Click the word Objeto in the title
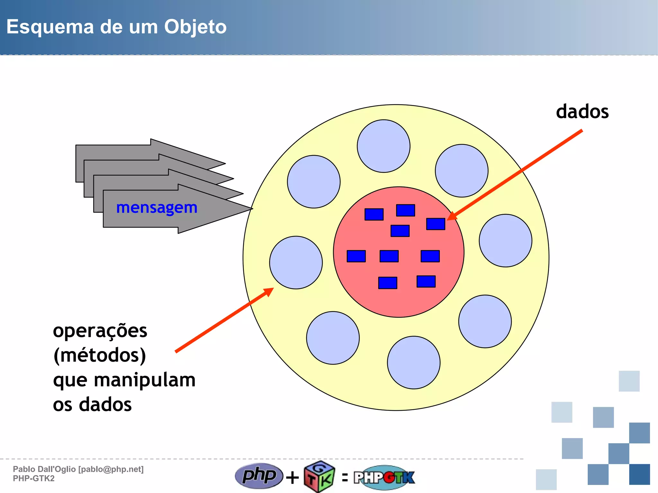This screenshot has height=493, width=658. coord(195,27)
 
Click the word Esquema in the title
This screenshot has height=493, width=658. coord(50,27)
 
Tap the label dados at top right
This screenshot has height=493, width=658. coord(582,112)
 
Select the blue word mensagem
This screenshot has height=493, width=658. coord(156,208)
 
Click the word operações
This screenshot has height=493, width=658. coord(100,331)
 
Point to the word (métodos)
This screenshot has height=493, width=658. coord(100,356)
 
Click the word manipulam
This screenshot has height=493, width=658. coord(145,380)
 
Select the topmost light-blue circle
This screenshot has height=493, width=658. coord(384,146)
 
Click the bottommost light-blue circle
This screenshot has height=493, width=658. coord(414,363)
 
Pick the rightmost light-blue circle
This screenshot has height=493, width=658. coord(505,241)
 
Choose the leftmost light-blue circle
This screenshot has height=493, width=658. coord(296,263)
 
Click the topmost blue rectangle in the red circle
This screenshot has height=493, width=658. coord(405,210)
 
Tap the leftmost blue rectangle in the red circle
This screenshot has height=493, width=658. coord(356,256)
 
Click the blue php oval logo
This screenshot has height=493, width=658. coord(259,476)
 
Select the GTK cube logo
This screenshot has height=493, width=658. coord(319,477)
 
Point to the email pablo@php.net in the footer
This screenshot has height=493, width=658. coord(111,469)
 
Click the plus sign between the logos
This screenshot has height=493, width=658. coord(292,477)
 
